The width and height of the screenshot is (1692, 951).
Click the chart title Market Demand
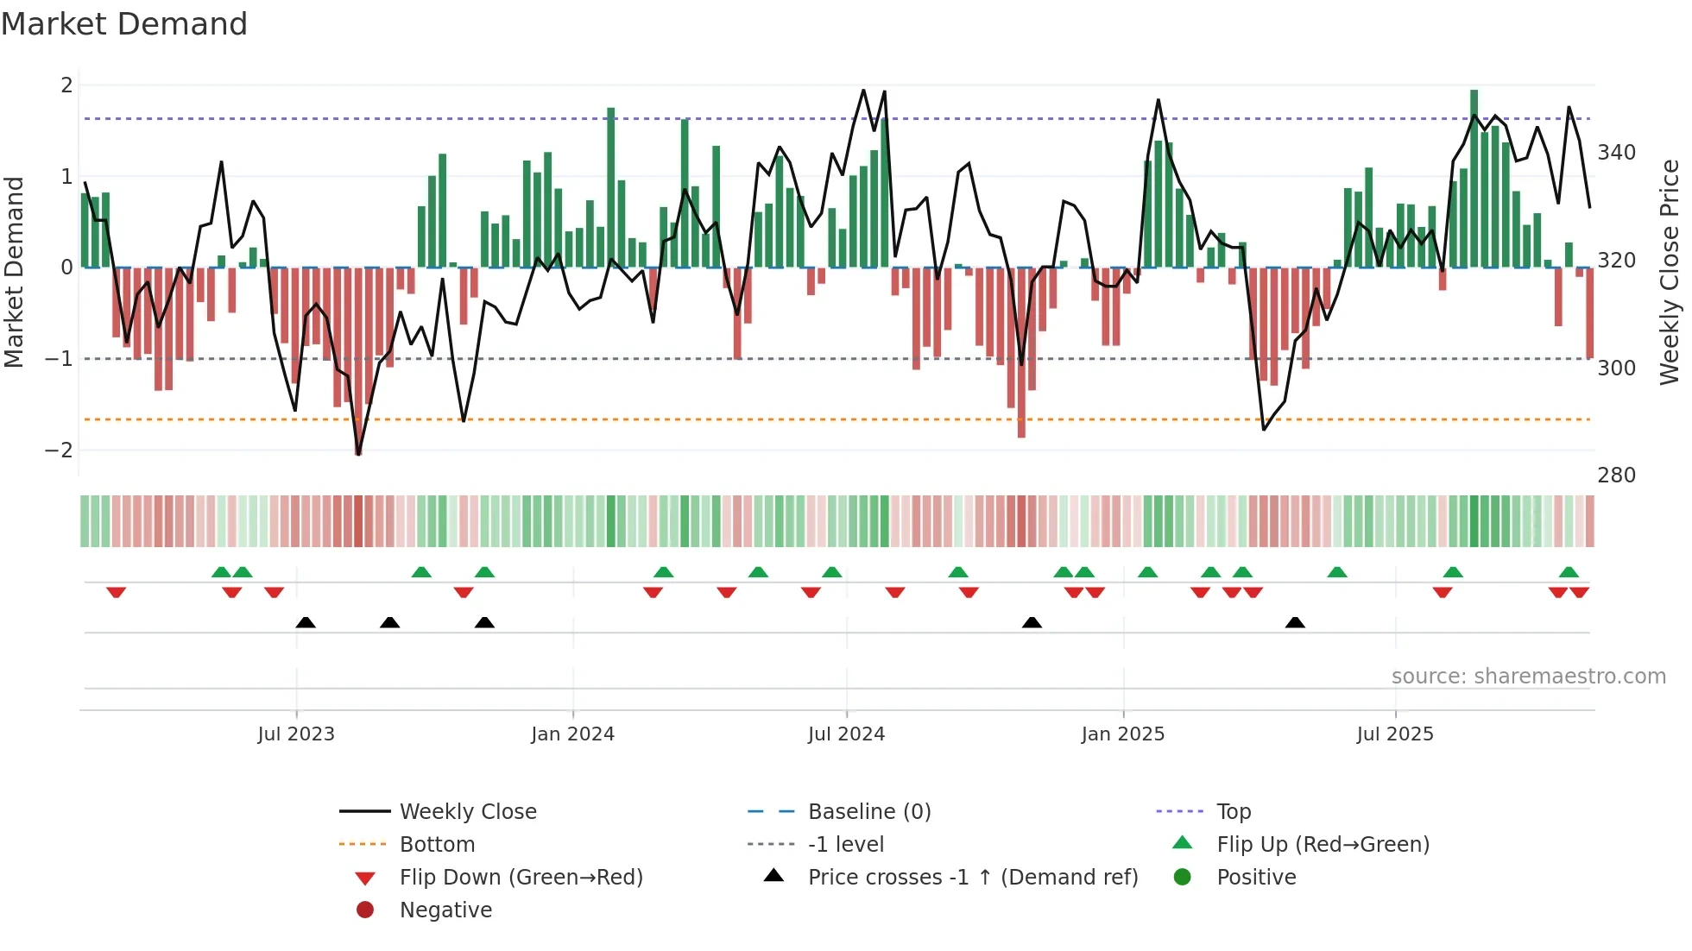pyautogui.click(x=124, y=24)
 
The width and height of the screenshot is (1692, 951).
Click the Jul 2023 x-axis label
pyautogui.click(x=296, y=734)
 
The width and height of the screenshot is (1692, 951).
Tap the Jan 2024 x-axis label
pyautogui.click(x=572, y=734)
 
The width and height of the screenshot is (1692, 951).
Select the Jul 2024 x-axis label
pyautogui.click(x=846, y=734)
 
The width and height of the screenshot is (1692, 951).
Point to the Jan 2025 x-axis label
pyautogui.click(x=1122, y=734)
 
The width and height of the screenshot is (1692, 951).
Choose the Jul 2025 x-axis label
pyautogui.click(x=1395, y=734)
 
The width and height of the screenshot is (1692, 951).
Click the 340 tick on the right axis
pyautogui.click(x=1616, y=153)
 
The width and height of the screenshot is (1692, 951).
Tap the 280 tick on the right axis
pyautogui.click(x=1616, y=475)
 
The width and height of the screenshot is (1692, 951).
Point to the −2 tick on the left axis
pyautogui.click(x=59, y=450)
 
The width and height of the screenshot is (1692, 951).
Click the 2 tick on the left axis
pyautogui.click(x=66, y=85)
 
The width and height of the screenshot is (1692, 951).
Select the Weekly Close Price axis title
pyautogui.click(x=1670, y=272)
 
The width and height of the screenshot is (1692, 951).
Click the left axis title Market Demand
pyautogui.click(x=14, y=272)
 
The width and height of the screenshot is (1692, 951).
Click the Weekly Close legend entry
pyautogui.click(x=468, y=812)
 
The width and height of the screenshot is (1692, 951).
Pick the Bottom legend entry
pyautogui.click(x=437, y=845)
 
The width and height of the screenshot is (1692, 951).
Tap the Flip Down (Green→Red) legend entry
pyautogui.click(x=521, y=878)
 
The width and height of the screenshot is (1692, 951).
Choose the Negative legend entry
pyautogui.click(x=445, y=910)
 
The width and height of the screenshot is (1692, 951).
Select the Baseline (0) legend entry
pyautogui.click(x=869, y=812)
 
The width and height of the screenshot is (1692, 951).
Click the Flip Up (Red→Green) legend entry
pyautogui.click(x=1323, y=845)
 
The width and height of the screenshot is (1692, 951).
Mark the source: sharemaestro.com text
pyautogui.click(x=1528, y=677)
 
